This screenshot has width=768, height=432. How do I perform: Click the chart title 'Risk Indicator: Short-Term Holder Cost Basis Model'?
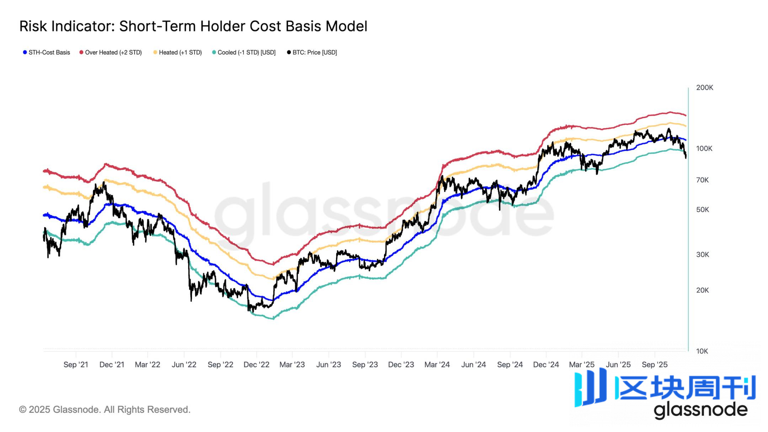pyautogui.click(x=193, y=26)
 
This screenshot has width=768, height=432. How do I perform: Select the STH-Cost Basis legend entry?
pyautogui.click(x=49, y=53)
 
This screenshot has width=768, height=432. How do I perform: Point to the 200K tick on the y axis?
pyautogui.click(x=704, y=87)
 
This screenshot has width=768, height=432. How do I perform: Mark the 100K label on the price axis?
pyautogui.click(x=704, y=149)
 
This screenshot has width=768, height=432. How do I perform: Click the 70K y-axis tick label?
pyautogui.click(x=702, y=180)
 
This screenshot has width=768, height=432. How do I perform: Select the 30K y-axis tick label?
pyautogui.click(x=702, y=255)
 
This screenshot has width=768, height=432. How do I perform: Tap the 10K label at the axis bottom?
pyautogui.click(x=702, y=351)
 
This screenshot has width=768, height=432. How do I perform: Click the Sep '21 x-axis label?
pyautogui.click(x=76, y=364)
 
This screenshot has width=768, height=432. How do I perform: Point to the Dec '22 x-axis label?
pyautogui.click(x=256, y=364)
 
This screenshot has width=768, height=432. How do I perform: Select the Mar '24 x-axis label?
pyautogui.click(x=437, y=364)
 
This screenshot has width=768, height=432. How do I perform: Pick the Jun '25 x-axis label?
pyautogui.click(x=618, y=364)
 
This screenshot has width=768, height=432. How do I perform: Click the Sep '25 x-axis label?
pyautogui.click(x=655, y=364)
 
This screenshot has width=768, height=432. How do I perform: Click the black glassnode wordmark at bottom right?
pyautogui.click(x=700, y=410)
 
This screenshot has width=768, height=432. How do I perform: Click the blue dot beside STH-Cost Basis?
pyautogui.click(x=25, y=53)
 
